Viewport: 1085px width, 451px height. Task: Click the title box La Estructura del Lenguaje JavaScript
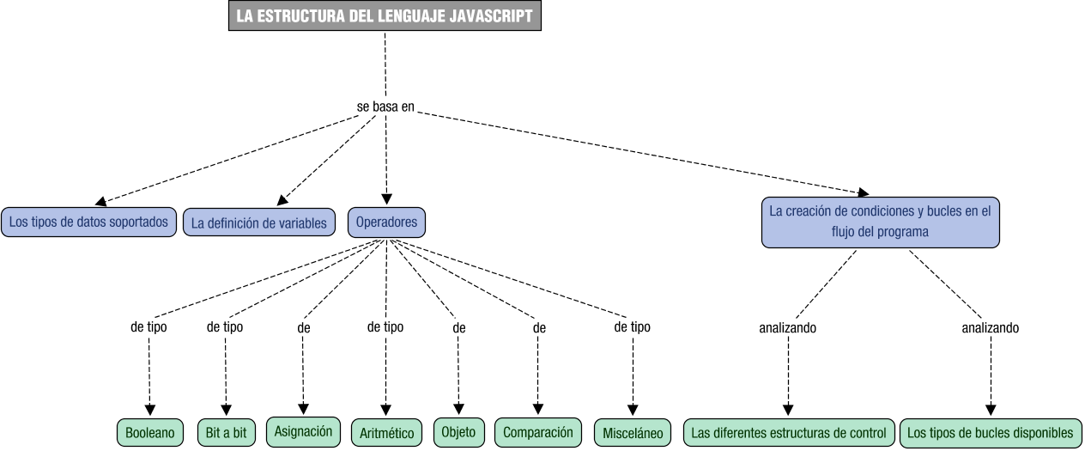coord(385,15)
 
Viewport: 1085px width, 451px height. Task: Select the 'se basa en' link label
coord(385,107)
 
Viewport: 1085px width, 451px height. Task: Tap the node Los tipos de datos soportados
coord(89,222)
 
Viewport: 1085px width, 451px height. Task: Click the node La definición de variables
coord(259,223)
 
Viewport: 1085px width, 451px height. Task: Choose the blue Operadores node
coord(386,222)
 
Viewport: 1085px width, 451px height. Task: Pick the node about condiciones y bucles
coord(880,222)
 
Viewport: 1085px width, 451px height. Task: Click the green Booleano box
coord(150,433)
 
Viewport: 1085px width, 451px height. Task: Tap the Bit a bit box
coord(226,433)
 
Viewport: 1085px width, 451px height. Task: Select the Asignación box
coord(303,431)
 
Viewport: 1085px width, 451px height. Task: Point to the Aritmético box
coord(386,433)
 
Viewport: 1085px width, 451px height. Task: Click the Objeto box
coord(458,432)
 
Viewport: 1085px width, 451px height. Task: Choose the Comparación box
coord(538,432)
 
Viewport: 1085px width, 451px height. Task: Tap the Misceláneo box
coord(633,433)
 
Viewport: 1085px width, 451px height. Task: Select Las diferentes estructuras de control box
coord(788,433)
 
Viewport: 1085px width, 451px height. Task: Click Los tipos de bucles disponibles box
coord(990,433)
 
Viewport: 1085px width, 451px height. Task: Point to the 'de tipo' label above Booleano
coord(149,326)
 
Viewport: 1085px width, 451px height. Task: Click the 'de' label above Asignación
coord(303,327)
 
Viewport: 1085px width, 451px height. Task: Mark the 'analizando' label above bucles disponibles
coord(990,327)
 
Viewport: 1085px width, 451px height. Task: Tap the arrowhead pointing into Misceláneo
coord(633,410)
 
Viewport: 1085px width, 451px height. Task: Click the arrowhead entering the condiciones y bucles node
coord(862,193)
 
